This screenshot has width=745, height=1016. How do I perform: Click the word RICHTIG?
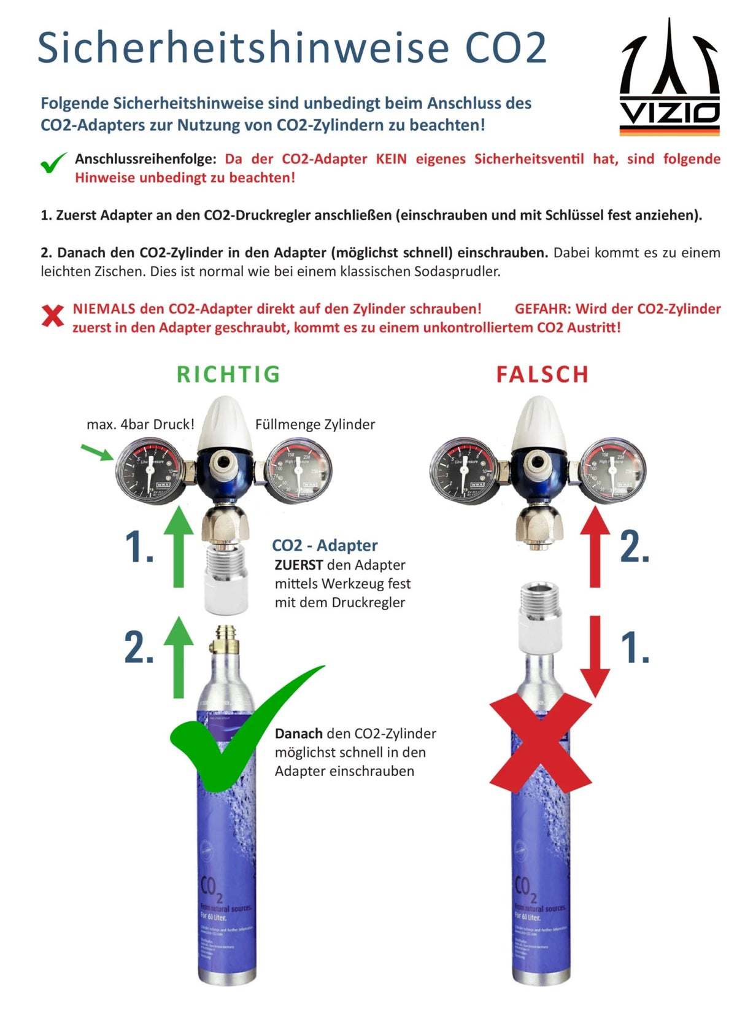228,374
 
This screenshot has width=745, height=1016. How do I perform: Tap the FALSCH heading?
542,374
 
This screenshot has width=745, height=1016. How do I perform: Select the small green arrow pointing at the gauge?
97,452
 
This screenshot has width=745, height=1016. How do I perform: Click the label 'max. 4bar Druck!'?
141,424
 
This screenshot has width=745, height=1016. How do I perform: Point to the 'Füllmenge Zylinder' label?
315,424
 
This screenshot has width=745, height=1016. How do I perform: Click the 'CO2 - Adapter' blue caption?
325,545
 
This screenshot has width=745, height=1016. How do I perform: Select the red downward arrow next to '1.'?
595,657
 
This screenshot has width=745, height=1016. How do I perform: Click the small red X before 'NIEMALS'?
53,316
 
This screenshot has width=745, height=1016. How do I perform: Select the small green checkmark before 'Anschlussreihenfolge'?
53,163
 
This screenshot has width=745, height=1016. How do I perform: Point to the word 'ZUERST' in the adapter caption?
298,565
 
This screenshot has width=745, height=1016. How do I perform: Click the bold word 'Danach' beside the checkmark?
298,734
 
